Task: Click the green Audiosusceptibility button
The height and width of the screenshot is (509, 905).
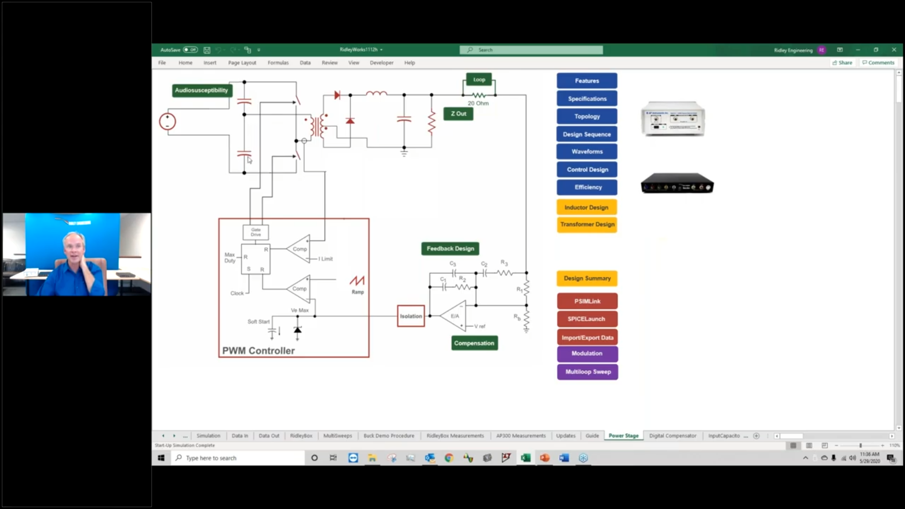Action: coord(201,90)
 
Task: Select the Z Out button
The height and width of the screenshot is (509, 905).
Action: coord(458,114)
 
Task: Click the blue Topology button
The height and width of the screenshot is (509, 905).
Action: coord(587,116)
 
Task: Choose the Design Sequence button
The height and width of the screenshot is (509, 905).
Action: coord(587,134)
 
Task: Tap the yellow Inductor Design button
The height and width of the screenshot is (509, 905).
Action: coord(587,207)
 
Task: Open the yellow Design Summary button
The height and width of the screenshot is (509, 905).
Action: coord(587,278)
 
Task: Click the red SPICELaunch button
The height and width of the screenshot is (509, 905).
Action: coord(587,319)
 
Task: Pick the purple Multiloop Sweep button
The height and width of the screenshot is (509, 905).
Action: coord(588,372)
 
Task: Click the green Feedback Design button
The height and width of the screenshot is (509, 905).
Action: coord(450,248)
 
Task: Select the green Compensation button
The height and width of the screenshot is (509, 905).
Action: coord(474,343)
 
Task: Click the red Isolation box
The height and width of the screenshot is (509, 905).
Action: coord(411,316)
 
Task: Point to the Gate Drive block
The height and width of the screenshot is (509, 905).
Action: coord(255,232)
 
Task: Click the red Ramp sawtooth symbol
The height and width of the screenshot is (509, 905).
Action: coord(357,281)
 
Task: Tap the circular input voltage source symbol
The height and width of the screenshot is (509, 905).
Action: coord(167,122)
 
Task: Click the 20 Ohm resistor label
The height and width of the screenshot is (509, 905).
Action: coord(478,103)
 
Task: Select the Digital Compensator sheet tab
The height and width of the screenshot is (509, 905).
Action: coord(673,436)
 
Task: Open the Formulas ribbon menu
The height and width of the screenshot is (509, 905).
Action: coord(278,63)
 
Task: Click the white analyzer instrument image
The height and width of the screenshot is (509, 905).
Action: coord(673,119)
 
